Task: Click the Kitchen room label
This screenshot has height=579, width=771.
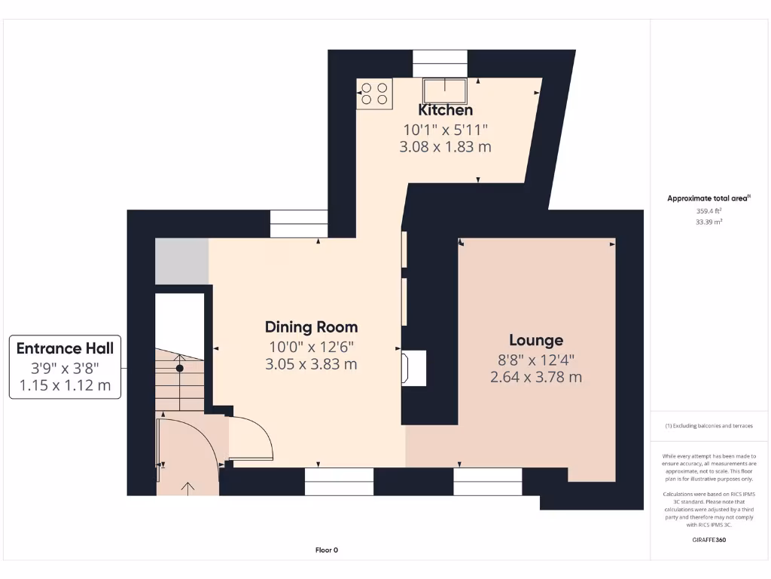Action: [x=446, y=111]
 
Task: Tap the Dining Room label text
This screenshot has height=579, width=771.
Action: [x=311, y=327]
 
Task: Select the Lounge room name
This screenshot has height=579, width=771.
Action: [x=535, y=340]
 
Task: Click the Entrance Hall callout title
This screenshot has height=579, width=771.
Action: [x=66, y=348]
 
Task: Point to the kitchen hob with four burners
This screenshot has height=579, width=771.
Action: [x=374, y=93]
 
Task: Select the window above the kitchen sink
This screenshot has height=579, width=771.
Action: [x=440, y=63]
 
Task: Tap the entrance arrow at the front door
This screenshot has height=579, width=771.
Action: [x=187, y=488]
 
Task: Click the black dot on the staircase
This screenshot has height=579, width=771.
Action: [x=180, y=368]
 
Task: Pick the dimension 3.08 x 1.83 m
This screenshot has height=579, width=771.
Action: [x=445, y=147]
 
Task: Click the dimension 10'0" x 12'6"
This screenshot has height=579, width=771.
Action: [x=311, y=347]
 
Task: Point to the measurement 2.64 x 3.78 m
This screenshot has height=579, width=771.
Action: [x=535, y=377]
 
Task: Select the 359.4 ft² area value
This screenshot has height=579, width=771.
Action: [x=708, y=211]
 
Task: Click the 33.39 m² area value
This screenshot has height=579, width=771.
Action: [x=708, y=222]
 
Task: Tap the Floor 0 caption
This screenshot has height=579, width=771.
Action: [x=326, y=550]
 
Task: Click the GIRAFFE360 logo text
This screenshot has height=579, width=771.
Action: [x=708, y=540]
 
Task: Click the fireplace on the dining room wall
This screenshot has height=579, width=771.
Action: [x=414, y=369]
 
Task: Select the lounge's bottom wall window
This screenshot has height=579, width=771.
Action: [x=487, y=482]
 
